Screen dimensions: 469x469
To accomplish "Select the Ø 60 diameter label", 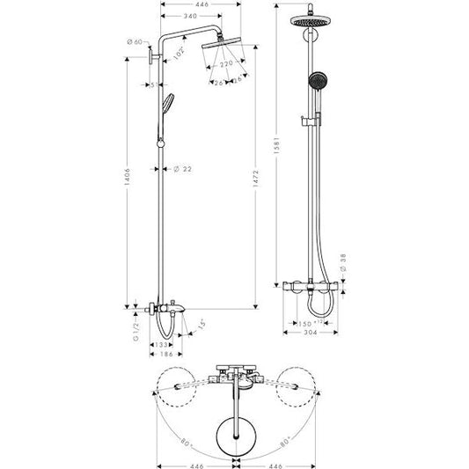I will coord(135,41).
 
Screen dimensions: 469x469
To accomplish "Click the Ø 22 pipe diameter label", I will coord(183,168).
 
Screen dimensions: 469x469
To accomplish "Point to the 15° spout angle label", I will coord(202,324).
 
